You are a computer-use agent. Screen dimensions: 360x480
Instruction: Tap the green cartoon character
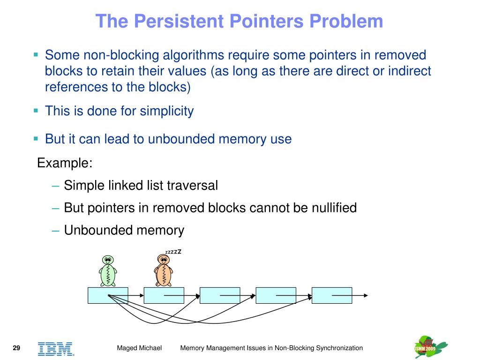click(x=108, y=271)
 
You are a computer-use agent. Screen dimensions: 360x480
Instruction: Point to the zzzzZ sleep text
click(x=173, y=252)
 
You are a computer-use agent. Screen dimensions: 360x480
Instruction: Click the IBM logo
click(x=56, y=348)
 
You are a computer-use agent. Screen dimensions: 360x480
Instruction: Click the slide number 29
click(x=16, y=348)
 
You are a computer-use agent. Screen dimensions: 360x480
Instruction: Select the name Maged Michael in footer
click(x=139, y=348)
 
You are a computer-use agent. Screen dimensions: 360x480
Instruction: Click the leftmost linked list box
click(x=108, y=295)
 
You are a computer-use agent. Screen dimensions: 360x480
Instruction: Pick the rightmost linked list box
click(x=331, y=295)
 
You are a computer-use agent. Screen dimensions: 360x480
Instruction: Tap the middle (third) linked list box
click(x=220, y=295)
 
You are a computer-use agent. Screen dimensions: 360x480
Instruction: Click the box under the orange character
click(x=164, y=295)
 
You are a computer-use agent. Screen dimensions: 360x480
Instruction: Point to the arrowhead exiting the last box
click(x=365, y=295)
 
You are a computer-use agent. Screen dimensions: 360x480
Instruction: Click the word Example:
click(x=65, y=163)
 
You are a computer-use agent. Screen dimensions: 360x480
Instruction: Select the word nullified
click(x=334, y=208)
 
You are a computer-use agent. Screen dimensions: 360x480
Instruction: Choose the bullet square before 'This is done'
click(x=36, y=111)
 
